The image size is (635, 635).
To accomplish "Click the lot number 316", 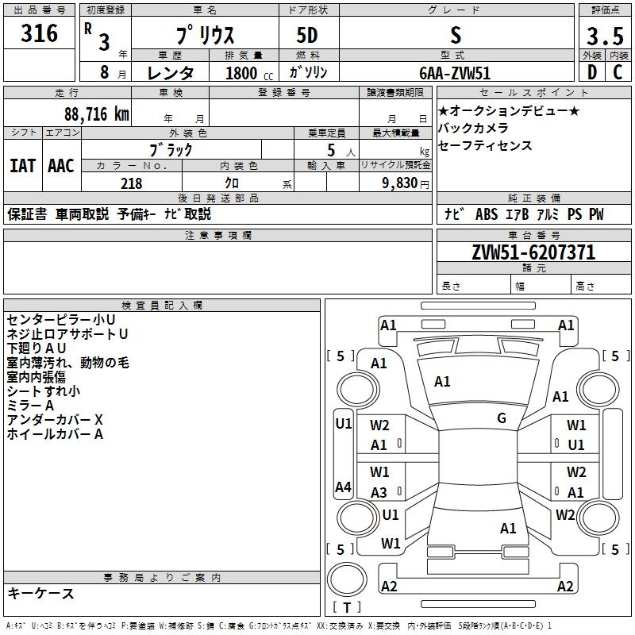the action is click(40, 34).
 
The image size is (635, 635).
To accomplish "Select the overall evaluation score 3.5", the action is click(604, 36).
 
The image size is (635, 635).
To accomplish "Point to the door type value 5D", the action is click(307, 36).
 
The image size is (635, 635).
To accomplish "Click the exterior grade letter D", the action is click(591, 71).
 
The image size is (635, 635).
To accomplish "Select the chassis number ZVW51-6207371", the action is click(533, 252).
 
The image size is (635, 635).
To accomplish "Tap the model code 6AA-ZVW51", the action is click(455, 72).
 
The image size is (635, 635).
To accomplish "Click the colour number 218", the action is click(131, 183).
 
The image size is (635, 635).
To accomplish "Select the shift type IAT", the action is click(23, 165).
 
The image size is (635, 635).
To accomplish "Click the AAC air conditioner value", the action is click(61, 165).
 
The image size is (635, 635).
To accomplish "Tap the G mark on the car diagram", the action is click(502, 418).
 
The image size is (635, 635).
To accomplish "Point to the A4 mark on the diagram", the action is click(343, 487).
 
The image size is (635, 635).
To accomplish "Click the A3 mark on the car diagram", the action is click(379, 492).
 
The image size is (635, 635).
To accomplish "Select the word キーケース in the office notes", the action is click(40, 593).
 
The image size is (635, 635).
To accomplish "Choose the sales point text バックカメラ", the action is click(473, 128).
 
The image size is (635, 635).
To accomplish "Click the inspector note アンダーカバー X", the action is click(56, 419).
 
